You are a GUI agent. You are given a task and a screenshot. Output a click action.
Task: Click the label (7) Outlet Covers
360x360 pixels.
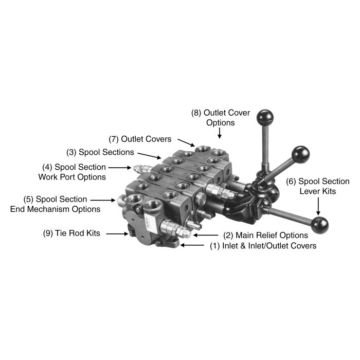[140, 139]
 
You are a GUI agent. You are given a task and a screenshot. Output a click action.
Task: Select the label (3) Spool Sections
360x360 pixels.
[100, 152]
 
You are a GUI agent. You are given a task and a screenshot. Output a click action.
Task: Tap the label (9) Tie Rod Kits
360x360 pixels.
[71, 233]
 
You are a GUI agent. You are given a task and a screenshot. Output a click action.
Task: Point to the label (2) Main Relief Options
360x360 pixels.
[266, 236]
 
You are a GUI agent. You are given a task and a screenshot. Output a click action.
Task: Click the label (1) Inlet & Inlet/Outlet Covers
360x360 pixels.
[263, 246]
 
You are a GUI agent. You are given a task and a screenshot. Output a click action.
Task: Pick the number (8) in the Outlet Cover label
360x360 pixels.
[196, 113]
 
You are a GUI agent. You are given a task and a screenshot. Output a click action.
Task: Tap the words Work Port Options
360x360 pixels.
[72, 177]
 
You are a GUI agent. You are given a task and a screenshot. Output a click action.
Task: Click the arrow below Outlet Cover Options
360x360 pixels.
[220, 133]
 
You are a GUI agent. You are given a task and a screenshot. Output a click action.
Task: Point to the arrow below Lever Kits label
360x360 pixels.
[318, 206]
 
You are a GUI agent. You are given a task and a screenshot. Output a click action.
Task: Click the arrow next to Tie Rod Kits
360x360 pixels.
[117, 234]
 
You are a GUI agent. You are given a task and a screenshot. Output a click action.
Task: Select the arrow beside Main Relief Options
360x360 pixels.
[206, 235]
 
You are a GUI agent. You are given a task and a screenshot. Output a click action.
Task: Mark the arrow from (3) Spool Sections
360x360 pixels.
[150, 156]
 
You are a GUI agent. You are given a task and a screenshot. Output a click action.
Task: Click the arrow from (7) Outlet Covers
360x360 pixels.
[186, 142]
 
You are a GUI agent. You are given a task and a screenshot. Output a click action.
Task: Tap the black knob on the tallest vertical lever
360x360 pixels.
[265, 118]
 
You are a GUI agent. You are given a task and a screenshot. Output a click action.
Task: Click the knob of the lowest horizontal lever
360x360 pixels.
[319, 225]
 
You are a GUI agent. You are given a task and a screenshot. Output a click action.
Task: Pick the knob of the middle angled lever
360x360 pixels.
[300, 154]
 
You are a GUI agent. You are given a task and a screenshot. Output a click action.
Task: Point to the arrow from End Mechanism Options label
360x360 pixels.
[103, 200]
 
